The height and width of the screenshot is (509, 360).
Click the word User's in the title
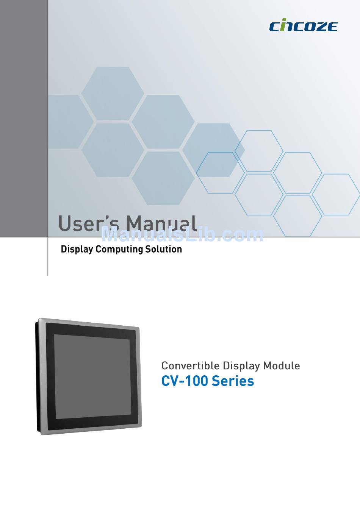88,223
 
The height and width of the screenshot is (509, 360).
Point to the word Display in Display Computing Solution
77,250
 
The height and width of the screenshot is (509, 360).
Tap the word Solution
164,249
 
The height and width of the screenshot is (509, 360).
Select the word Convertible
191,366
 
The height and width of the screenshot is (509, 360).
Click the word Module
281,366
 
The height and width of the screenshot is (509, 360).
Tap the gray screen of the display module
92,376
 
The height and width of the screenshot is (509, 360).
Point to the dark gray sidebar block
24,118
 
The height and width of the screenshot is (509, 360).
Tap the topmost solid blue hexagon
113,93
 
